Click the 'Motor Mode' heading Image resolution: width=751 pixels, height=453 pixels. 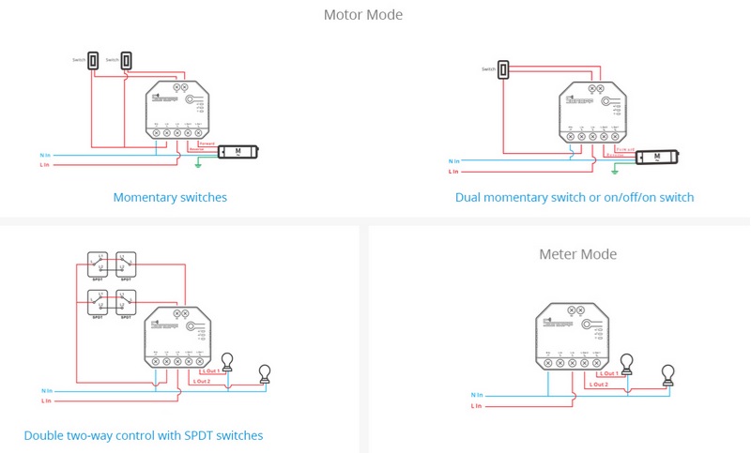tap(362, 15)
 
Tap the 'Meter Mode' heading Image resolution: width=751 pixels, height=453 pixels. tap(577, 254)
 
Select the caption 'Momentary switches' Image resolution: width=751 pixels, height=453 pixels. tap(170, 198)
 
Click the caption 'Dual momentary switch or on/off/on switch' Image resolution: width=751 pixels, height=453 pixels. tap(575, 198)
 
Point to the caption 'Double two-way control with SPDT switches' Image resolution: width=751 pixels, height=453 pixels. tap(144, 435)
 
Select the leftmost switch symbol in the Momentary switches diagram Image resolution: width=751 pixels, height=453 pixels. tap(93, 59)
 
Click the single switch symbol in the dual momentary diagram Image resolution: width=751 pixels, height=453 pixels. tap(503, 69)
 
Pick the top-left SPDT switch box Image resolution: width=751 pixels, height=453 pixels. tap(99, 264)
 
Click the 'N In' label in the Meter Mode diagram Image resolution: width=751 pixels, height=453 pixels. tap(476, 395)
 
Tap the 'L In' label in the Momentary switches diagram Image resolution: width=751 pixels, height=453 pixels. tap(46, 165)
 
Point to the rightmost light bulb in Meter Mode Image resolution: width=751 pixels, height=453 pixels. tap(667, 375)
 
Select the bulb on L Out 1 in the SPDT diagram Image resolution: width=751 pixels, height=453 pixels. tap(227, 361)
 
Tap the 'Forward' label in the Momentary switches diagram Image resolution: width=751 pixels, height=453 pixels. tap(207, 143)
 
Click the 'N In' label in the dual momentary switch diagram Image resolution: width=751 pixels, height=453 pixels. tap(453, 161)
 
